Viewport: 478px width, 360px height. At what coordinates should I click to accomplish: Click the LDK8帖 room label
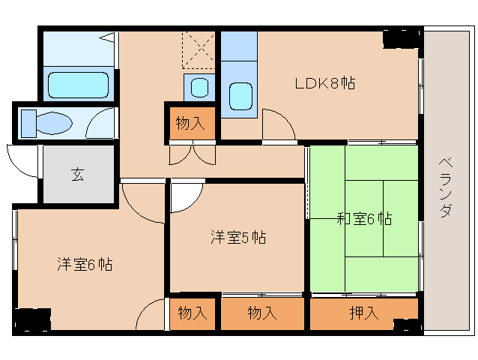324,82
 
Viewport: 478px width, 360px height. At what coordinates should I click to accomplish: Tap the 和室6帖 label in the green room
364,219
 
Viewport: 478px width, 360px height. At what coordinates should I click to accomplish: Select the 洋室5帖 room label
238,238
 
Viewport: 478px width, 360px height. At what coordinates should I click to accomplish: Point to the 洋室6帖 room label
85,264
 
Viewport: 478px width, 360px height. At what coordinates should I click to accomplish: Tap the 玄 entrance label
77,175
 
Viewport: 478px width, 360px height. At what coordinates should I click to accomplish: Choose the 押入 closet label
363,313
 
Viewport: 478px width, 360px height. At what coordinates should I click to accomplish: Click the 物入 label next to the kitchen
190,123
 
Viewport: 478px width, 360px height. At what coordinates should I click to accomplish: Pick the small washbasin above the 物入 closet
199,87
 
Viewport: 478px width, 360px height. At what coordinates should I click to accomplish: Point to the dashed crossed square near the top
199,49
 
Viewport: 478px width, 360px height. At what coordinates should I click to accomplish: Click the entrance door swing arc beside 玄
22,160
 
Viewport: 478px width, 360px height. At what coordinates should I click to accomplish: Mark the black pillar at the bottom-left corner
31,319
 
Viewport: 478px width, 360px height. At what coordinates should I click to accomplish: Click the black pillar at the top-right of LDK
400,37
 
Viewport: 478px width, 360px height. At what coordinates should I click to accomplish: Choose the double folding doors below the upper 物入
193,153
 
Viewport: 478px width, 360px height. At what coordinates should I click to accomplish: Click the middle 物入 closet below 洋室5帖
262,313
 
